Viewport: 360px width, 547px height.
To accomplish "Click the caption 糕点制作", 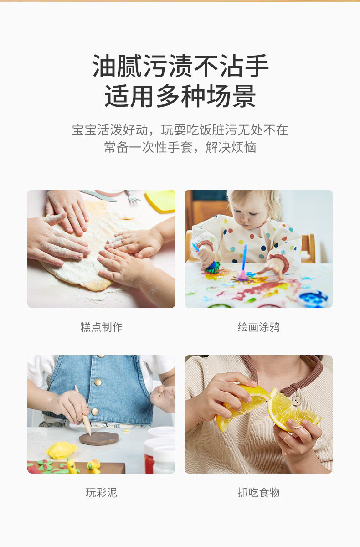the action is pyautogui.click(x=101, y=327).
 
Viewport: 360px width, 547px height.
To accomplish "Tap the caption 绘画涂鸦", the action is pyautogui.click(x=259, y=327).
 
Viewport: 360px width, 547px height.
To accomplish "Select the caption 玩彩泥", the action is pyautogui.click(x=101, y=493).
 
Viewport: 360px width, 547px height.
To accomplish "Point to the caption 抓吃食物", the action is pyautogui.click(x=259, y=493).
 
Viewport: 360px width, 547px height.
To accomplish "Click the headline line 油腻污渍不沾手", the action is pyautogui.click(x=180, y=66).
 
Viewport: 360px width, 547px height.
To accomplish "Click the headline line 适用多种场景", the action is pyautogui.click(x=180, y=96).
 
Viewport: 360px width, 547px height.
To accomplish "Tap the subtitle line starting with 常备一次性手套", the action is pyautogui.click(x=180, y=147).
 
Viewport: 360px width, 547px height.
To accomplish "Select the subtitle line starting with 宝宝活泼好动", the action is pyautogui.click(x=180, y=129).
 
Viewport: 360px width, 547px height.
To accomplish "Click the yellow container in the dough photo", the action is pyautogui.click(x=160, y=200).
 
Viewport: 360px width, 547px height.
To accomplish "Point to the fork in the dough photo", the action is pyautogui.click(x=132, y=196).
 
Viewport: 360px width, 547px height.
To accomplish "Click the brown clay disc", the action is pyautogui.click(x=99, y=438).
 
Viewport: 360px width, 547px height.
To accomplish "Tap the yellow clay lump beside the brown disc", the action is pyautogui.click(x=62, y=450).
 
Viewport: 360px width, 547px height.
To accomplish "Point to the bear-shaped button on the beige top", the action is pyautogui.click(x=296, y=401).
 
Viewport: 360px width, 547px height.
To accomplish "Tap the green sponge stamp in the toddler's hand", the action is pyautogui.click(x=213, y=268).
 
